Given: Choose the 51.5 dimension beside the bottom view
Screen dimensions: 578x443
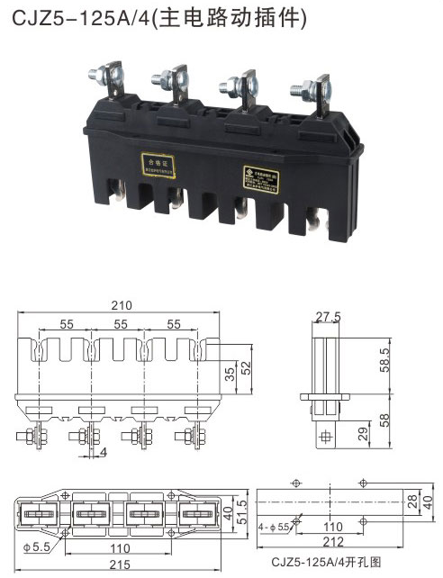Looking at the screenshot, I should (240, 515).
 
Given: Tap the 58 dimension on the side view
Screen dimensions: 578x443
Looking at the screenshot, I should (383, 420).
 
